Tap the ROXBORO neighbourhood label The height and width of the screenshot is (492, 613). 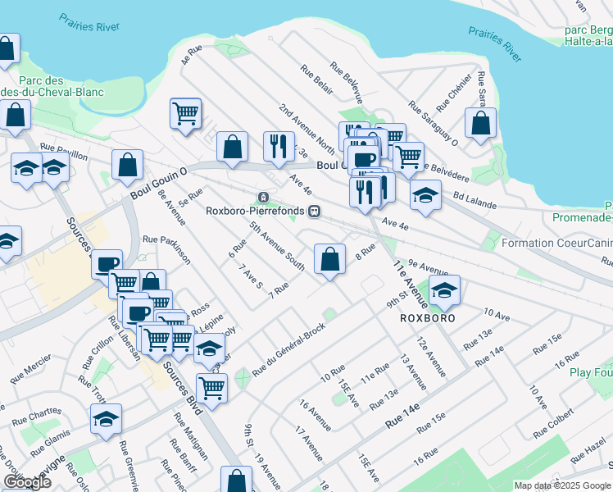click(x=423, y=317)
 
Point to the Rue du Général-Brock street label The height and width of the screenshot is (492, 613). click(x=288, y=349)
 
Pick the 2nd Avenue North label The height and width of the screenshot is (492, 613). click(x=306, y=128)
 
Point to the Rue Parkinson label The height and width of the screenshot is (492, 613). click(x=166, y=249)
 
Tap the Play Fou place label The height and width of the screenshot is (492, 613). click(x=592, y=372)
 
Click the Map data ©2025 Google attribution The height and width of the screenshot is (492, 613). click(x=562, y=485)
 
